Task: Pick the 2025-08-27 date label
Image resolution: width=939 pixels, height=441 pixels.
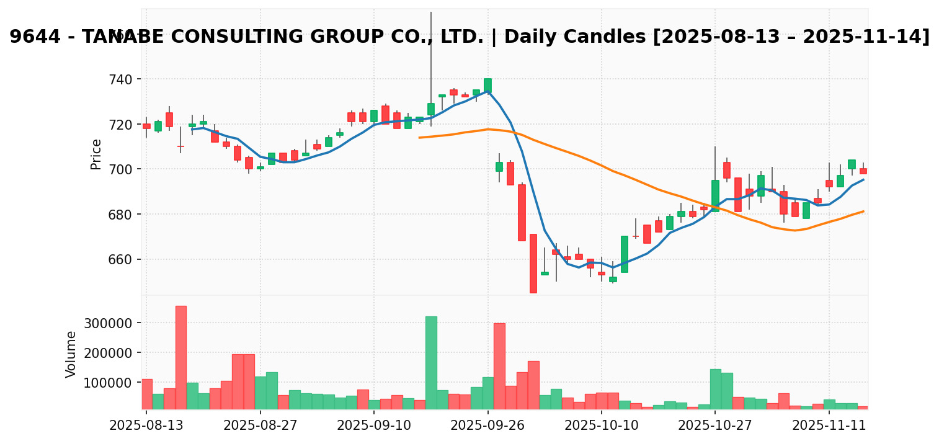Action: pos(260,426)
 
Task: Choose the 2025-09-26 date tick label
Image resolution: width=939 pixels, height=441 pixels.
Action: pos(487,426)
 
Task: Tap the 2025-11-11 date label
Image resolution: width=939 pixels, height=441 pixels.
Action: pos(829,426)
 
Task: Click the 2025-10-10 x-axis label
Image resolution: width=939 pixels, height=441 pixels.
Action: pos(602,426)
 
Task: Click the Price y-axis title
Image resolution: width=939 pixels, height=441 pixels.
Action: pos(96,154)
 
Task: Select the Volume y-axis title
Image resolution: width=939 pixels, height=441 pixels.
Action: pos(71,354)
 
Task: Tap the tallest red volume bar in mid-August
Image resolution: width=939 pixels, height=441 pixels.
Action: pos(180,357)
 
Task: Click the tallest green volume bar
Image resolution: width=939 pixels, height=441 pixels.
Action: pos(431,363)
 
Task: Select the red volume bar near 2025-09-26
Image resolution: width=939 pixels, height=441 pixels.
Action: pos(499,366)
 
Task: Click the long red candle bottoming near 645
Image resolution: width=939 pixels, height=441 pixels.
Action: pos(533,263)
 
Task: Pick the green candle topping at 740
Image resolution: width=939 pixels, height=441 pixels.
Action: pos(487,85)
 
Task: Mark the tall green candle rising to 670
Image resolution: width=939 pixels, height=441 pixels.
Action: pos(624,254)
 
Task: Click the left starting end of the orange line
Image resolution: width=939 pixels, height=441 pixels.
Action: pos(420,137)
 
